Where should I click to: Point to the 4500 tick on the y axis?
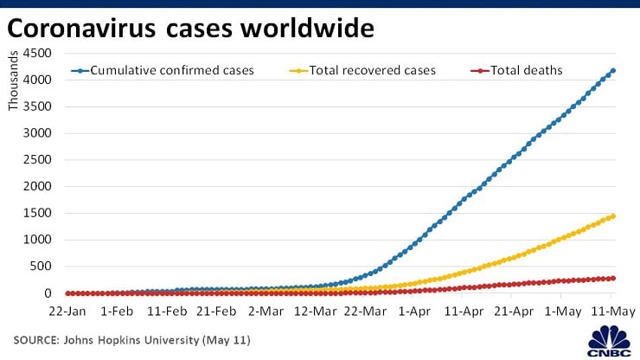click(36, 54)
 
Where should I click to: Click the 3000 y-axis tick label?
click(36, 133)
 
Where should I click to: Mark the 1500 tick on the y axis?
click(36, 213)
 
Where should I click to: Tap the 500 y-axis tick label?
click(40, 267)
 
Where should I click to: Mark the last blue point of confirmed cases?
click(612, 71)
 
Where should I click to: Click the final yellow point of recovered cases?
click(612, 216)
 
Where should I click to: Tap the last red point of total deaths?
click(612, 278)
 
